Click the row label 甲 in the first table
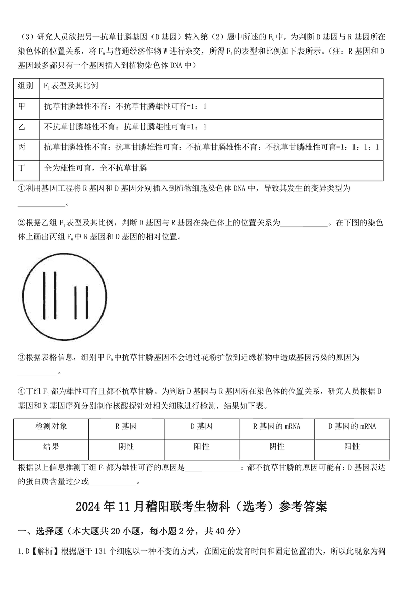(x=22, y=106)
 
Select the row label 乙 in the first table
(x=22, y=126)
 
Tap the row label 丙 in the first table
(x=22, y=147)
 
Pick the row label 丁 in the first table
(x=22, y=167)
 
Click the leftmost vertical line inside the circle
(x=45, y=295)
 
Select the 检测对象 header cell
(x=51, y=426)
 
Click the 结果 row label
(x=51, y=446)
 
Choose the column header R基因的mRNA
(x=277, y=426)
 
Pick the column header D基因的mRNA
(x=352, y=426)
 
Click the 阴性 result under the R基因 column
(x=126, y=446)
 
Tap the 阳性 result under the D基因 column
(x=201, y=446)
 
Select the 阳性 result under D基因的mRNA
(x=352, y=446)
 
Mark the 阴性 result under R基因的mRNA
(x=277, y=446)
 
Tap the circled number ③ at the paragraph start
(x=21, y=357)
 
